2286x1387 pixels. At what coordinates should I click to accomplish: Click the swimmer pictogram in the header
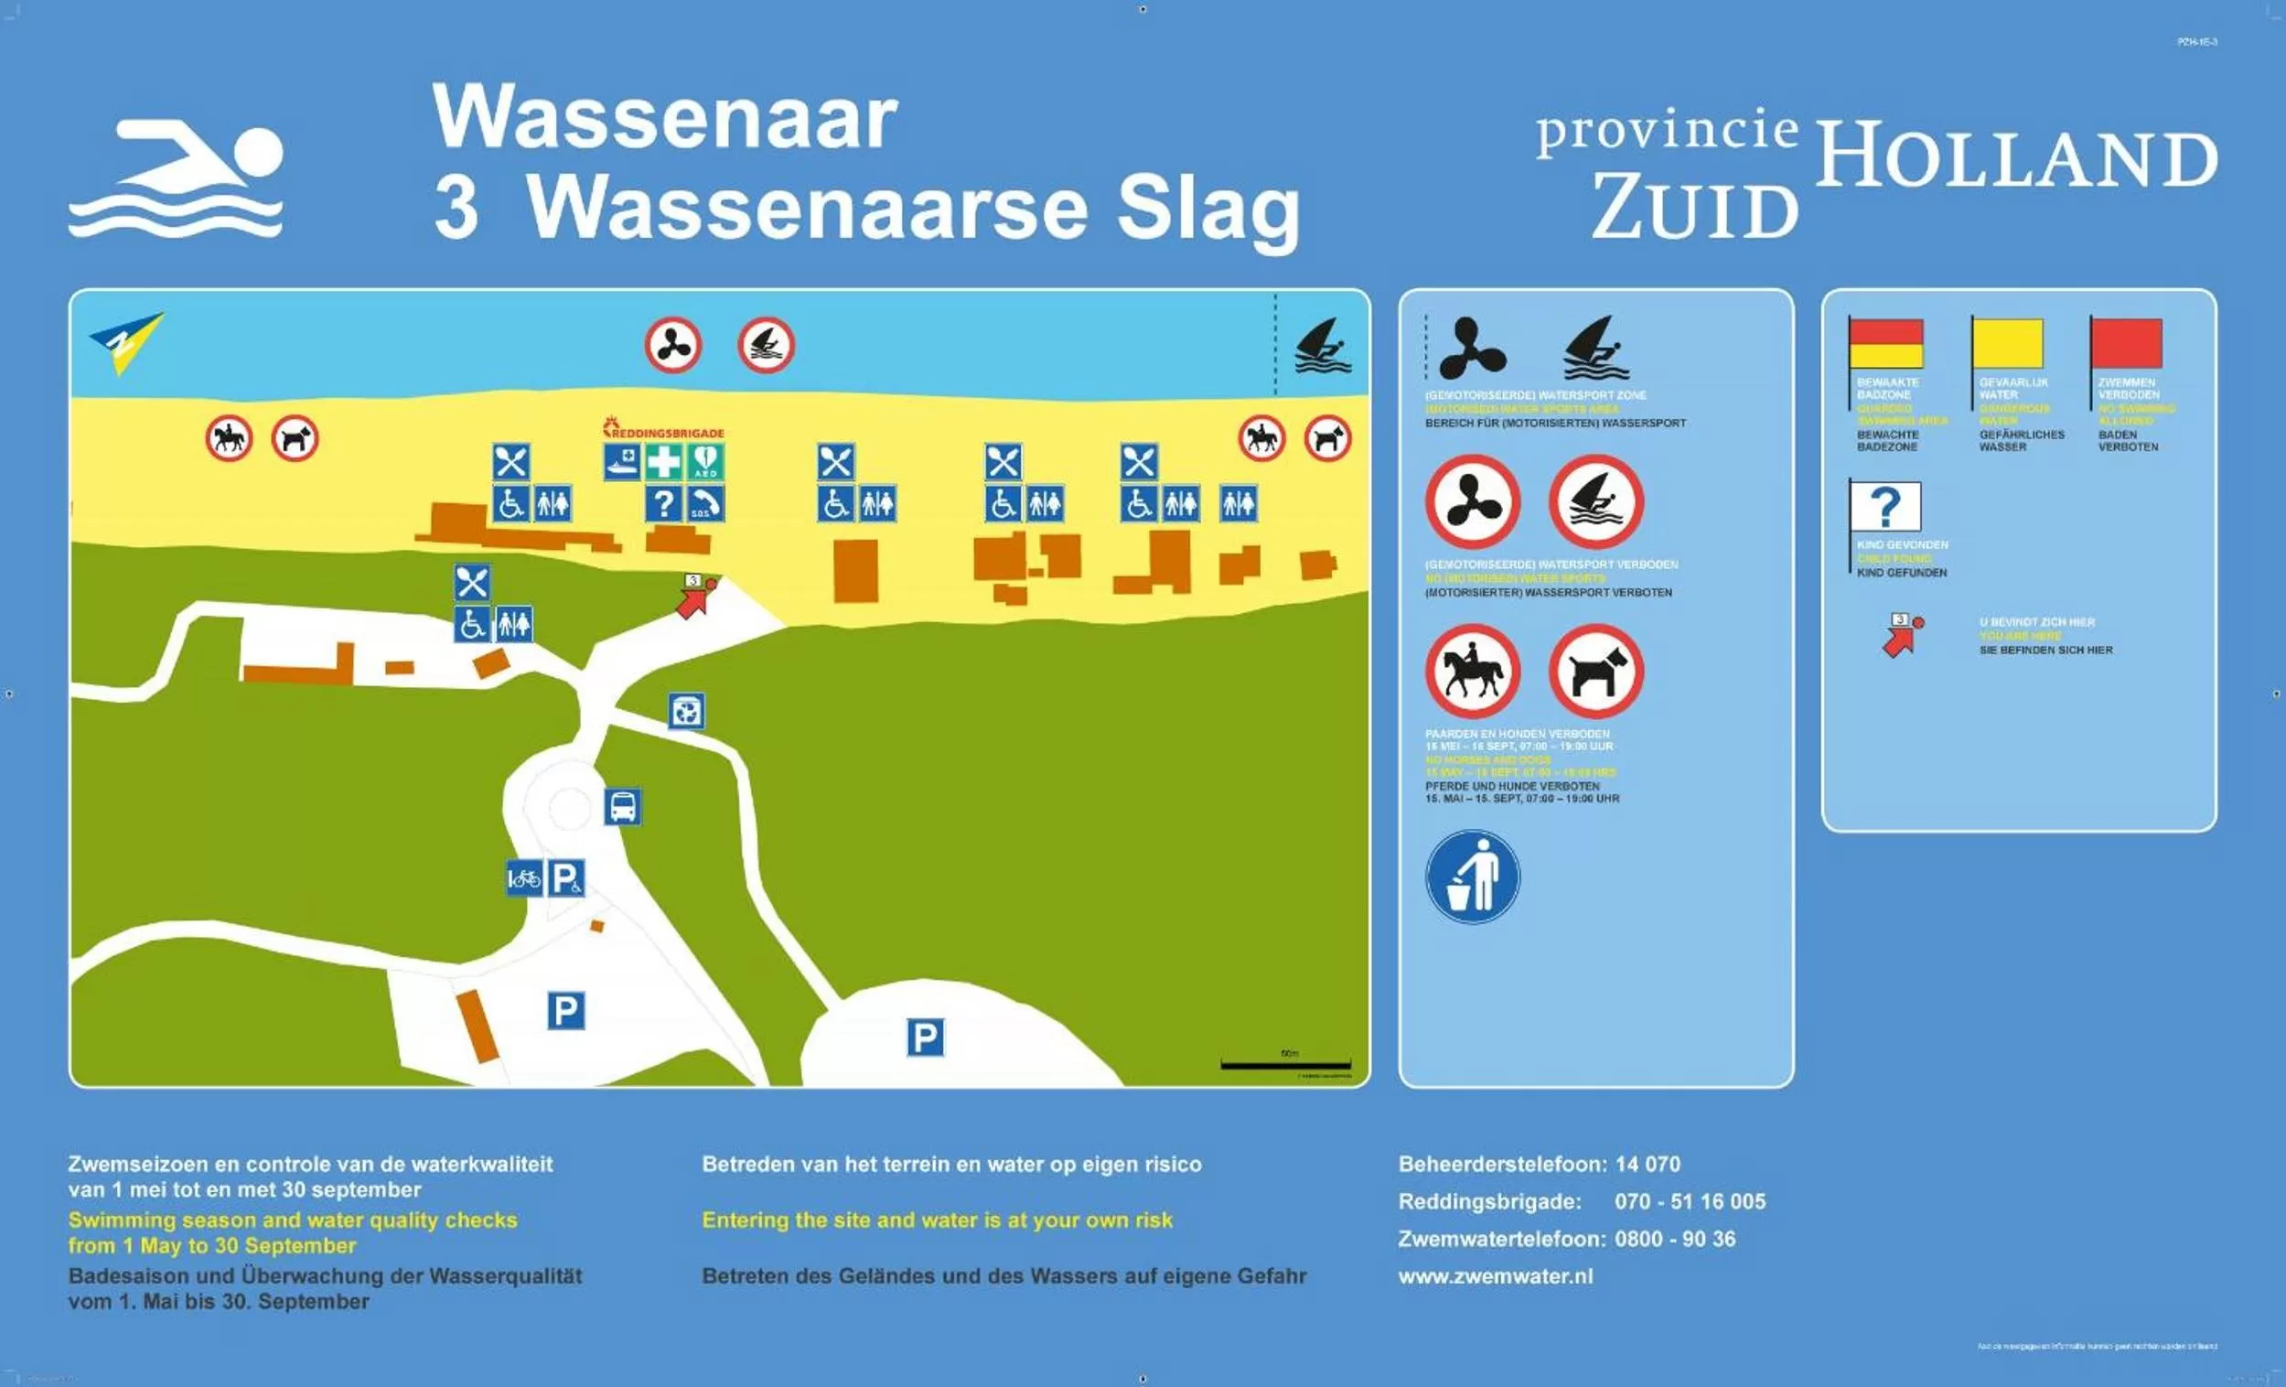[x=176, y=177]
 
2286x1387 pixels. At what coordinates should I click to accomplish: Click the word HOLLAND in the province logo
[x=2015, y=155]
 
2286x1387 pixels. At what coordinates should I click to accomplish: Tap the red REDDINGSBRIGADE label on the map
[x=663, y=431]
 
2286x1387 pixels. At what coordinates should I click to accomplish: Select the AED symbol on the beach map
[x=705, y=462]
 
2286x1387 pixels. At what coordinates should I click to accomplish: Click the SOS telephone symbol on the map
[x=705, y=504]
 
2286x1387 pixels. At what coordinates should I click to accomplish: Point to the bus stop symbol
[x=623, y=806]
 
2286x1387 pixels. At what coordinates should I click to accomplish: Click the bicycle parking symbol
[x=523, y=877]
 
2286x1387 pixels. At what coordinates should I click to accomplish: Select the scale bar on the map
[x=1285, y=1064]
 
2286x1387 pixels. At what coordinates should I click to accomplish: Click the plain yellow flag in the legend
[x=2007, y=343]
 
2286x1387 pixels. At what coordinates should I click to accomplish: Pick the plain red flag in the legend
[x=2126, y=343]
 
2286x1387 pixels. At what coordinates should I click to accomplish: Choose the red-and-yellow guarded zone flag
[x=1885, y=343]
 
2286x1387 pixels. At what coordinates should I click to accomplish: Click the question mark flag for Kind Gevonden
[x=1884, y=507]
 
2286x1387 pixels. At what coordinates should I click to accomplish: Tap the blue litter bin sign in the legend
[x=1473, y=876]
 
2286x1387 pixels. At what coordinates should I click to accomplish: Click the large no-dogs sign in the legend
[x=1595, y=671]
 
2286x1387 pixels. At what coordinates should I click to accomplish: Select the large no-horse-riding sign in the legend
[x=1473, y=671]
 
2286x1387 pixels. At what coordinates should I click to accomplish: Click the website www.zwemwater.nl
[x=1496, y=1275]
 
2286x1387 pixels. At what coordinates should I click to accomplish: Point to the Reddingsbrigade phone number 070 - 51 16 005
[x=1690, y=1201]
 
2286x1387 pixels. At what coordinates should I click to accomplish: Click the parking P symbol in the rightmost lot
[x=925, y=1038]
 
